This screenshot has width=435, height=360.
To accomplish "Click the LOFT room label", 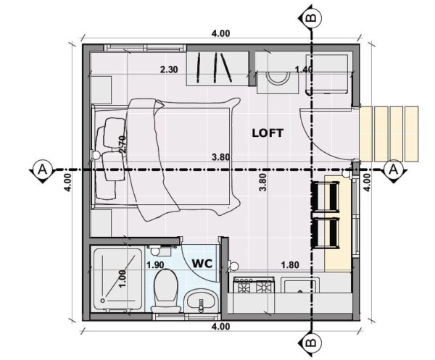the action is tap(268, 133).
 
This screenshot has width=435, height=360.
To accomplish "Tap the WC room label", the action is tap(202, 263).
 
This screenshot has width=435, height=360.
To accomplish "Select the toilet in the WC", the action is tap(166, 290).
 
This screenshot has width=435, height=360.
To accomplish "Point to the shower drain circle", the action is tap(103, 301).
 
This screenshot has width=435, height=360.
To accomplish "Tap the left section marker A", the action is tap(41, 169).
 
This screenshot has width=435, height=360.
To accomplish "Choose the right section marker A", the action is tap(393, 169).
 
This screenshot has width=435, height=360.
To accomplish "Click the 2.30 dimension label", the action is tap(169, 70).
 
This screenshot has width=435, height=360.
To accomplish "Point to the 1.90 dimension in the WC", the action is tap(155, 265).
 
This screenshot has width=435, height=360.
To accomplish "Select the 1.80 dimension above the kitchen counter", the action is tap(290, 265).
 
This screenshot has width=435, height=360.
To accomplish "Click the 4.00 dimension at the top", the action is tap(221, 33).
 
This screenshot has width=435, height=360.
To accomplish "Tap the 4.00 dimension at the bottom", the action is tap(221, 327).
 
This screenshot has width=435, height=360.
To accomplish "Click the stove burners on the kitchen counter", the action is tap(254, 285).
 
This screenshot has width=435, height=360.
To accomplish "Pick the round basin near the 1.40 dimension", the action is tap(278, 78).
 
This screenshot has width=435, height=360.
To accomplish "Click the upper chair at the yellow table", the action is tap(325, 196).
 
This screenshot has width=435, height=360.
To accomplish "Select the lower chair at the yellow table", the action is tap(325, 233).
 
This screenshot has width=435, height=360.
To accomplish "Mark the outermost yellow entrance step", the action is tap(411, 134).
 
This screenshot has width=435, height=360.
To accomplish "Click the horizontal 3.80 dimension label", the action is tap(221, 157).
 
